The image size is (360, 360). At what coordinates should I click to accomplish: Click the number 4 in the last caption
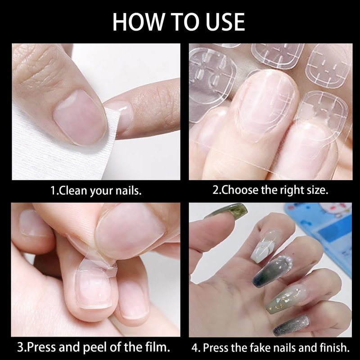[195, 348]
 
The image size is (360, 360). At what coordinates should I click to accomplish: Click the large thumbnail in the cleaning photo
[80, 117]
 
